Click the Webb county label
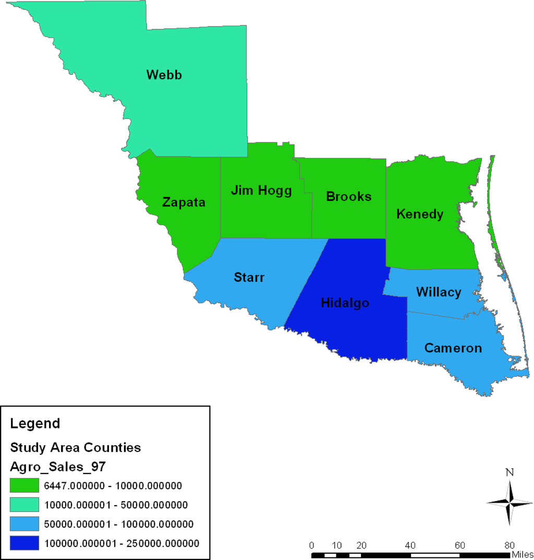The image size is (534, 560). [x=164, y=75]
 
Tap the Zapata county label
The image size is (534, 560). [x=184, y=202]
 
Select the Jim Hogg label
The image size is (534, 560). [x=261, y=190]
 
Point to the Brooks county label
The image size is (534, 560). [x=348, y=197]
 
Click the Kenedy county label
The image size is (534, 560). [x=420, y=214]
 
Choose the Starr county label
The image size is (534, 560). [x=249, y=277]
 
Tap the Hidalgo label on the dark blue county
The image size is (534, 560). [x=345, y=303]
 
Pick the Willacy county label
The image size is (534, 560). [x=438, y=292]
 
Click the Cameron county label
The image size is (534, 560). [x=453, y=348]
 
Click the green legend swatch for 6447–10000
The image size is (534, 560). [x=25, y=485]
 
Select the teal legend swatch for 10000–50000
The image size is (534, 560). [x=25, y=505]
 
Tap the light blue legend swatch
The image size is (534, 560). [x=25, y=524]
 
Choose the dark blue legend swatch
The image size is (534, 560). [x=25, y=543]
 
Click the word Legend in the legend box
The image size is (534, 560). [x=35, y=423]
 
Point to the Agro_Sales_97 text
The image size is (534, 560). [x=58, y=467]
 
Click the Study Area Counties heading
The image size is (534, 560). [x=76, y=447]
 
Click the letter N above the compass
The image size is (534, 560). [x=510, y=473]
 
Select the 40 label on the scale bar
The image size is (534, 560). [x=410, y=545]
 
